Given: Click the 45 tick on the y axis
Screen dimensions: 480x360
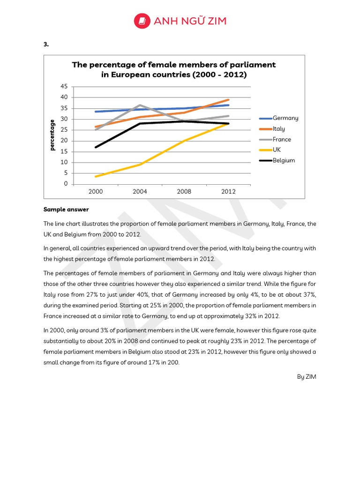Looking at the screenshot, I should (64, 86).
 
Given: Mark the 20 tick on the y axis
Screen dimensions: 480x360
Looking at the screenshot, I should (64, 141).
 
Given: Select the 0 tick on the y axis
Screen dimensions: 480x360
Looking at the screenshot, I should (66, 184).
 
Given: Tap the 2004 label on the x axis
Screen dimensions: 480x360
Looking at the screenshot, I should (140, 192).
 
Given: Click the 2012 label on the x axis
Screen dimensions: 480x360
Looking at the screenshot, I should (228, 192).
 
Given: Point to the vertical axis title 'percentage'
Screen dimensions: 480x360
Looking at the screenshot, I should (52, 135).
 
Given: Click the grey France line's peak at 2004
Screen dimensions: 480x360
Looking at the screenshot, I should (140, 105).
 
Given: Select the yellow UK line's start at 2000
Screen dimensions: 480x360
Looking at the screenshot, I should (96, 176).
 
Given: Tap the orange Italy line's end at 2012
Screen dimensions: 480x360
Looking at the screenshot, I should (228, 99).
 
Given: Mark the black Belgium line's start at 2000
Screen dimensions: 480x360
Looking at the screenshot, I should (96, 147).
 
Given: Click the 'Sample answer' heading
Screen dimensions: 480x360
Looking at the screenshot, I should (66, 210).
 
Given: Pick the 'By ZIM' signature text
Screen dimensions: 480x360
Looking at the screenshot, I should (307, 376).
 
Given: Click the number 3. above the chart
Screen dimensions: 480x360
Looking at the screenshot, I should (46, 45).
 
